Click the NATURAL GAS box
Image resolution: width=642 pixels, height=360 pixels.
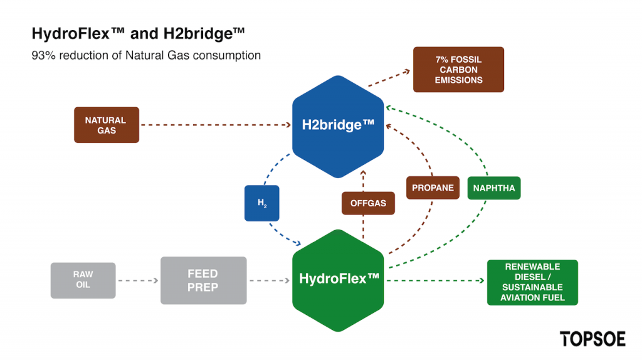tap(107, 125)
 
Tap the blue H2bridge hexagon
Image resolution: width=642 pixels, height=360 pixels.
tap(338, 127)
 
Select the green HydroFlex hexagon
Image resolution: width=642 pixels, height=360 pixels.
tap(338, 280)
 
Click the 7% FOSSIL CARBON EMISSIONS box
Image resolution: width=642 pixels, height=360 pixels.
tap(458, 70)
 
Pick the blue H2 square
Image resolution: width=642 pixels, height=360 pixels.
tap(262, 203)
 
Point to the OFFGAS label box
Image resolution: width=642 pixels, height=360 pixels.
tap(368, 203)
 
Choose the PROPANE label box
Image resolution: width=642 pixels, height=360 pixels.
tap(433, 188)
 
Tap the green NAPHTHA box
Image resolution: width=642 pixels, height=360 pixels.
tap(494, 188)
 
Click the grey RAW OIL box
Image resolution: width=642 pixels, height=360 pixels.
tap(83, 280)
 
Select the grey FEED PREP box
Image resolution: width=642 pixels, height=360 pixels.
tap(204, 280)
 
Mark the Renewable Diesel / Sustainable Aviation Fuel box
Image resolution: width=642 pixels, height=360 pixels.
tap(533, 283)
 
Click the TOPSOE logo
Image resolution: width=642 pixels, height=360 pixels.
tap(592, 339)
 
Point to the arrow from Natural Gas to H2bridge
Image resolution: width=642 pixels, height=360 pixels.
tap(216, 125)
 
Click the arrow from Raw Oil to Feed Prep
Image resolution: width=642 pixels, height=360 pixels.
tap(138, 280)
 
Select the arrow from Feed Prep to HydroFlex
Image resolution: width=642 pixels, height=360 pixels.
tap(270, 280)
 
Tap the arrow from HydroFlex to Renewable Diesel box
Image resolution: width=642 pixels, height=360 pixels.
tap(436, 280)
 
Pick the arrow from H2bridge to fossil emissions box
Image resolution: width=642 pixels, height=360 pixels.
tap(389, 78)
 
